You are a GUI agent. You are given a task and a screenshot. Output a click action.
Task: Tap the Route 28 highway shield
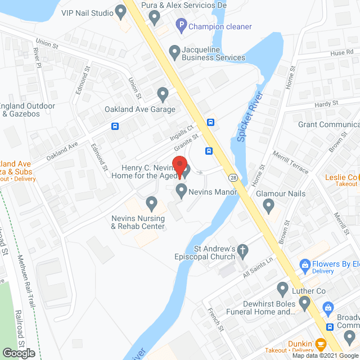pyautogui.click(x=232, y=178)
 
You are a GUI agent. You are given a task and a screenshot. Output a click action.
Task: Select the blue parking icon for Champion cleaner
pyautogui.click(x=181, y=25)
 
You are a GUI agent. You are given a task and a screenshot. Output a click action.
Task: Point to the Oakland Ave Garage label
pyautogui.click(x=140, y=109)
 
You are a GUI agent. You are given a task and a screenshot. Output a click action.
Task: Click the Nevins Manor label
pyautogui.click(x=214, y=191)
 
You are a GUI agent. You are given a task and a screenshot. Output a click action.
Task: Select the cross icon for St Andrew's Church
pyautogui.click(x=242, y=249)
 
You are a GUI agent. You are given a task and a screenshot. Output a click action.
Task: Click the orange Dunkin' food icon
pyautogui.click(x=321, y=343)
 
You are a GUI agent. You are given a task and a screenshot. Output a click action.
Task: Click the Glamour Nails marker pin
pyautogui.click(x=268, y=207)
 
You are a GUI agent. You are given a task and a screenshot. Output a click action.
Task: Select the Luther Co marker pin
pyautogui.click(x=283, y=289)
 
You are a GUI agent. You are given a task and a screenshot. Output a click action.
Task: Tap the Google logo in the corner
pyautogui.click(x=18, y=353)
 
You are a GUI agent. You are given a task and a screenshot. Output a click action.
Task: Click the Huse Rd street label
pyautogui.click(x=337, y=52)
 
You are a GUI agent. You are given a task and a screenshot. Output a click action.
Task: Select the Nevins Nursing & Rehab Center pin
pyautogui.click(x=151, y=202)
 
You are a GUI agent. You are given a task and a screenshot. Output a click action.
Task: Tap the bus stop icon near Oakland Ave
pyautogui.click(x=115, y=126)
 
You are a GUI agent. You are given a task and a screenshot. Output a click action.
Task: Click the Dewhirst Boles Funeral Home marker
pyautogui.click(x=304, y=304)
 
